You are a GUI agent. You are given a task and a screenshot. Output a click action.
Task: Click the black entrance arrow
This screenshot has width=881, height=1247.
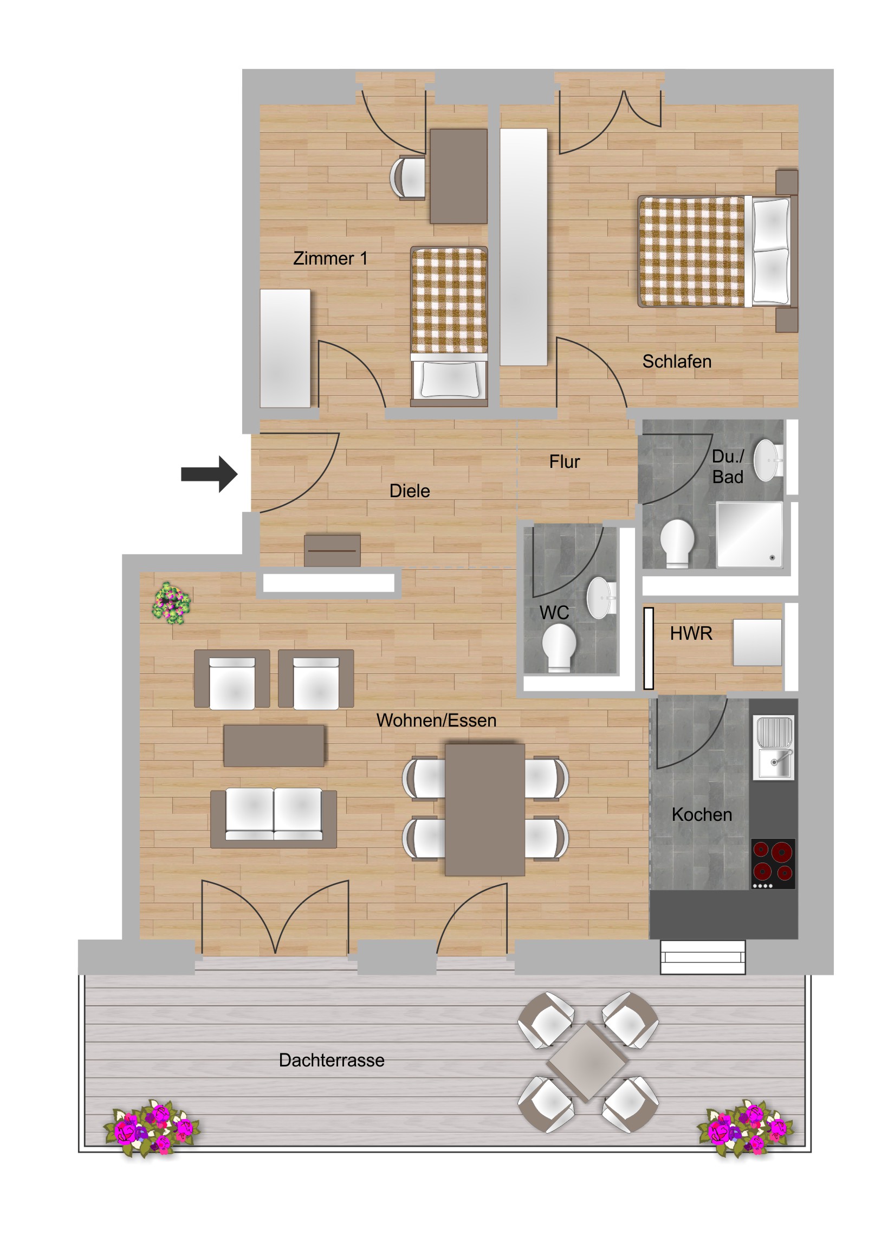click(209, 474)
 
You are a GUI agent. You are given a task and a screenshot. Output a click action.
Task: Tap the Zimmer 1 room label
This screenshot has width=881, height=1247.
click(330, 258)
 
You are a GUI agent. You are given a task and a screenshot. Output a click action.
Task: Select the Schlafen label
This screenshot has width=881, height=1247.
click(676, 361)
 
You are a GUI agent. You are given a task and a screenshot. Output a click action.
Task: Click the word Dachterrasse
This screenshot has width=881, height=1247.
click(332, 1059)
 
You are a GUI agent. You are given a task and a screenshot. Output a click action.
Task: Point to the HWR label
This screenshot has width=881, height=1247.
click(690, 633)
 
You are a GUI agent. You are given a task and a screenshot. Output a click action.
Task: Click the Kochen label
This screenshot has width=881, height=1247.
click(702, 814)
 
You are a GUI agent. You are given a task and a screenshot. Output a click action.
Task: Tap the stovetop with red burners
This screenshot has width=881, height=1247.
click(773, 864)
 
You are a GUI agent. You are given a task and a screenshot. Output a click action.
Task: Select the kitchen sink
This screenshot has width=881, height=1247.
click(775, 747)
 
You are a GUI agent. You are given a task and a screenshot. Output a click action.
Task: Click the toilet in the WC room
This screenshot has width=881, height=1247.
click(559, 647)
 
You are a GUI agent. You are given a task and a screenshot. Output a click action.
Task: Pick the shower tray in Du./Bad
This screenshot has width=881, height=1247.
click(750, 535)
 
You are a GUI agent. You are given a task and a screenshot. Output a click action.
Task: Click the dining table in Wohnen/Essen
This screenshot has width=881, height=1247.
click(485, 809)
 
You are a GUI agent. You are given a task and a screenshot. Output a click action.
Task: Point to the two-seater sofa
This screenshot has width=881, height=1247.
click(274, 818)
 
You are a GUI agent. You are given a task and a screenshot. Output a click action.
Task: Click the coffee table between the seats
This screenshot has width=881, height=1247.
click(274, 745)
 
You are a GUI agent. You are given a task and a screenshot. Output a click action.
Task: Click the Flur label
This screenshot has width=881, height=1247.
click(564, 461)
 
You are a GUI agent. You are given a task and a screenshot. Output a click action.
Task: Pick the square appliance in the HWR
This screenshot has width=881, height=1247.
click(757, 642)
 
